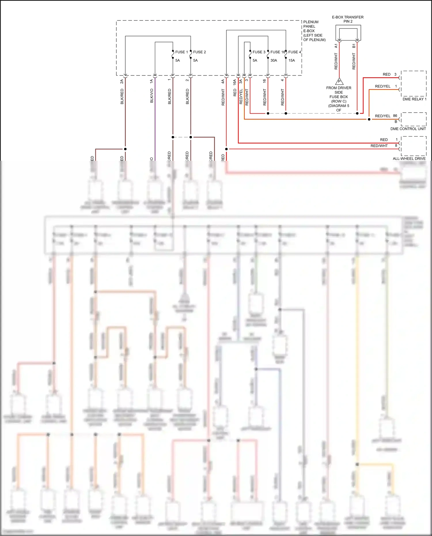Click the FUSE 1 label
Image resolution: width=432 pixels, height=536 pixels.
181,52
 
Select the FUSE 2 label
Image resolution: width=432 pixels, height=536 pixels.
199,52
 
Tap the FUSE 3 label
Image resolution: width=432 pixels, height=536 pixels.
259,52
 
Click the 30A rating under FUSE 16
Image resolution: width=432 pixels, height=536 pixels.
274,60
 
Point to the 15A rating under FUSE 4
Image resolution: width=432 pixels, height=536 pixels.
291,60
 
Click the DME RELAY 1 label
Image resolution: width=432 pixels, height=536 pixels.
414,99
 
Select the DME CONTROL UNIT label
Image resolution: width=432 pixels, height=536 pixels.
408,129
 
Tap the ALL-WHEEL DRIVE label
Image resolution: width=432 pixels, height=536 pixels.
409,159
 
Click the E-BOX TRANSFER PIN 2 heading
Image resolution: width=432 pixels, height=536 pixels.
348,19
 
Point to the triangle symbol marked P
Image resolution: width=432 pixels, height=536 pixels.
339,82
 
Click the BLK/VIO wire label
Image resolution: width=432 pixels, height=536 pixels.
152,96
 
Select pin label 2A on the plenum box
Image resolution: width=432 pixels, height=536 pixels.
122,82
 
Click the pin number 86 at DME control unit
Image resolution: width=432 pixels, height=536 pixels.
395,116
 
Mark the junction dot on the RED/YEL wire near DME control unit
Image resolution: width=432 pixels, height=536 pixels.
369,119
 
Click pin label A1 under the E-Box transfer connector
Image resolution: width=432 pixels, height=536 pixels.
336,46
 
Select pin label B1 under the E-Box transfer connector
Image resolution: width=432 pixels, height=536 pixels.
354,46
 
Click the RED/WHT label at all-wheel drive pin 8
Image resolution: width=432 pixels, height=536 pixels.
379,146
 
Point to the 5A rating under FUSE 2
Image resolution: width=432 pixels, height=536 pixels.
195,60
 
